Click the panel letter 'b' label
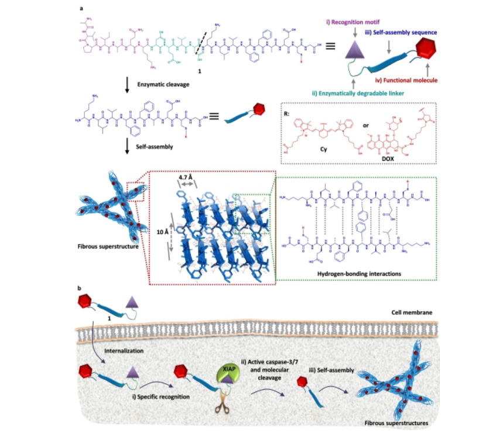pyautogui.click(x=80, y=288)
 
